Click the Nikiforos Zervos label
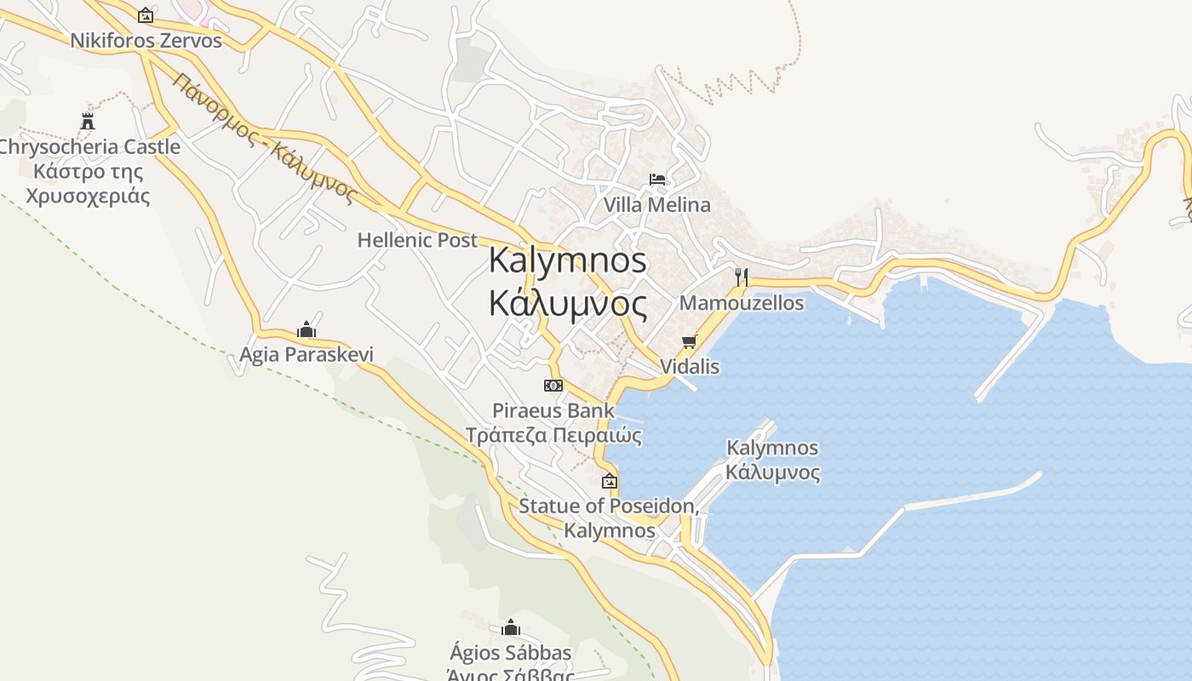click(146, 40)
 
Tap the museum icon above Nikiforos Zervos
click(146, 14)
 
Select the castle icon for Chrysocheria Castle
click(88, 121)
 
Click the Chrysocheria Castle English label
click(89, 146)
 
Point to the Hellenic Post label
click(417, 240)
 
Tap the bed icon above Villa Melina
click(657, 180)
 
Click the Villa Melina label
click(656, 205)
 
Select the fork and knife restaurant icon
click(742, 277)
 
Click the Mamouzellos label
click(741, 303)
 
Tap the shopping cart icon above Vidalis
click(690, 341)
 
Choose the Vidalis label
click(690, 367)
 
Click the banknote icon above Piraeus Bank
click(553, 386)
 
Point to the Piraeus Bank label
click(553, 410)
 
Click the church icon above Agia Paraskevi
click(307, 329)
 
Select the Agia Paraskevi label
click(307, 354)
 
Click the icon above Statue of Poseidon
click(610, 481)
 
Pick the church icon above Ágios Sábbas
click(511, 628)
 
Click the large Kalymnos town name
click(568, 260)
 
